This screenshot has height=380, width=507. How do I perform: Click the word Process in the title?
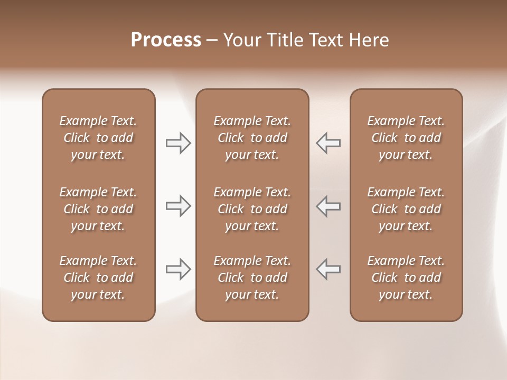[166, 40]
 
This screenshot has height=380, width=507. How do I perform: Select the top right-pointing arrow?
[179, 142]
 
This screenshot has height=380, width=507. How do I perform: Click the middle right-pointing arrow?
[179, 206]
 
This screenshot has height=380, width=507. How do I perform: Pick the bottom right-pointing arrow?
[179, 269]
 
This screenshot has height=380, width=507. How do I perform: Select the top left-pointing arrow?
[328, 142]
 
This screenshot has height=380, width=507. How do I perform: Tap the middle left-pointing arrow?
[328, 206]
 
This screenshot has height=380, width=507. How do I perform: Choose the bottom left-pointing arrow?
[328, 269]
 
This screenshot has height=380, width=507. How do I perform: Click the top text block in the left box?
[98, 138]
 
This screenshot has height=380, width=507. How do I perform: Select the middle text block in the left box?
[98, 209]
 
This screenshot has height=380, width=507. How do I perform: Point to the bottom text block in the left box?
[98, 278]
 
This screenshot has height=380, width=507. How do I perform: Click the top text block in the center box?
[252, 138]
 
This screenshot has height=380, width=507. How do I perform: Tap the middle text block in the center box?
[252, 209]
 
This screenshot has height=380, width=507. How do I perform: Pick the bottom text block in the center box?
[252, 278]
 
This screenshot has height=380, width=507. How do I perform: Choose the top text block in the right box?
[406, 138]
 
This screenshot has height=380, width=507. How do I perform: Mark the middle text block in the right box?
[406, 209]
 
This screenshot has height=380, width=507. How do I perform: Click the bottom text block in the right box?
[406, 278]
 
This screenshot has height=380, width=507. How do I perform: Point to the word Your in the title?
[241, 40]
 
